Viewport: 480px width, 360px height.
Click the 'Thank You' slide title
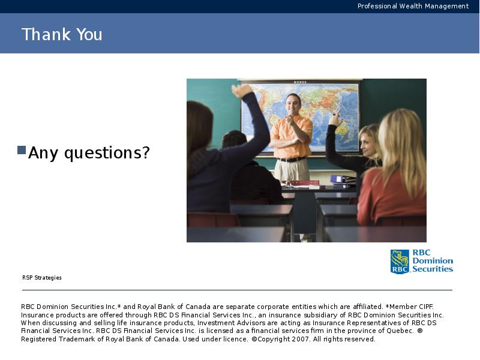tap(62, 34)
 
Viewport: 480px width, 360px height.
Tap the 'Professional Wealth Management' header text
tap(413, 6)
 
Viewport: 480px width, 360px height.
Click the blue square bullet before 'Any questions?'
tap(22, 150)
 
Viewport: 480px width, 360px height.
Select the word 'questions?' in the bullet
tap(107, 153)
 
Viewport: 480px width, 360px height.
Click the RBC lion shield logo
tap(400, 262)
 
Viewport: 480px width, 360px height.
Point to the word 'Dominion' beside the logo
tap(433, 261)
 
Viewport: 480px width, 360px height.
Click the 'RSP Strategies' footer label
tap(42, 278)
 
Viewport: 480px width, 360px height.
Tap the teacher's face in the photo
tap(293, 104)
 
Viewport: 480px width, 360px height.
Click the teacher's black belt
tap(291, 159)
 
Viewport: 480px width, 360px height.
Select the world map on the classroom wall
tap(300, 117)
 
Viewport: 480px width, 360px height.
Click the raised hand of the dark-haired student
tap(242, 91)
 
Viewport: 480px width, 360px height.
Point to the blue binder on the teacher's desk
tap(342, 179)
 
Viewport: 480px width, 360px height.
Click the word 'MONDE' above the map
tap(300, 82)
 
